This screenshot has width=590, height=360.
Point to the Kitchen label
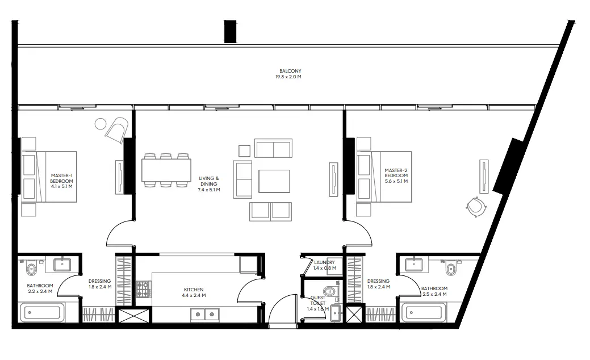click(194, 290)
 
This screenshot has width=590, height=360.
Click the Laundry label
click(324, 263)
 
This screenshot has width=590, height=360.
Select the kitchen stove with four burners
click(143, 289)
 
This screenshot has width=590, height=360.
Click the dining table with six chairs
click(166, 170)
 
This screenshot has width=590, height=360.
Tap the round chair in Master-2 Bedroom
click(475, 207)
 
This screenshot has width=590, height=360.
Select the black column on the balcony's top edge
click(230, 31)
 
